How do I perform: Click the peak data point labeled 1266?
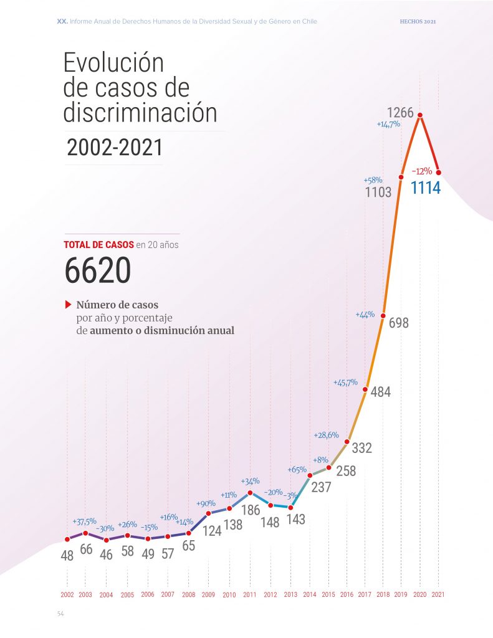421,115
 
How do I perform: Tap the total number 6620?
97,271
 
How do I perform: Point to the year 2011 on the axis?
249,595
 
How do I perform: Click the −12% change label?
422,170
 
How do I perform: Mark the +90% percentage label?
206,503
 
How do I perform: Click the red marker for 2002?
67,539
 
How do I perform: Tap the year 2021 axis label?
439,595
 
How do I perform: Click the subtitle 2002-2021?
115,148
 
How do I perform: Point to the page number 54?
60,614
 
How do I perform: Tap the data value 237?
321,488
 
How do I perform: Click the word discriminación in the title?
140,113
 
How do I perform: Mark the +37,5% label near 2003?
84,521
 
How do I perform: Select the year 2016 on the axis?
347,595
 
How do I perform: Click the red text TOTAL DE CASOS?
98,245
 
